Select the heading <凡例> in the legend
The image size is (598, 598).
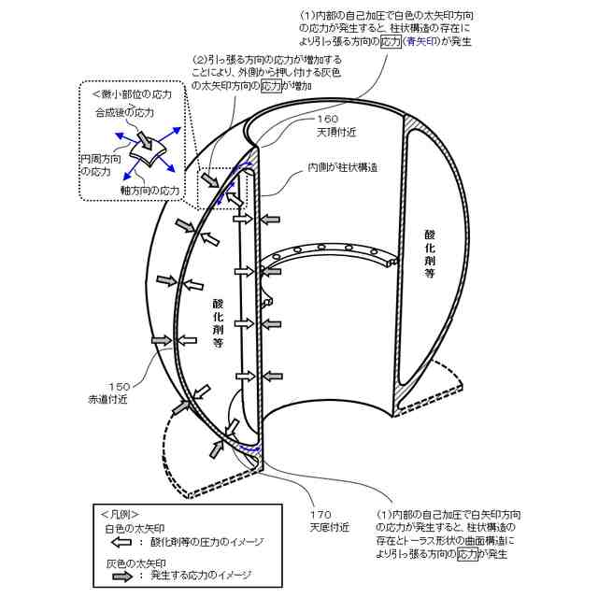[120, 514]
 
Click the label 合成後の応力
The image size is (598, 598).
[123, 112]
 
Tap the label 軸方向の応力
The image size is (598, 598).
[149, 190]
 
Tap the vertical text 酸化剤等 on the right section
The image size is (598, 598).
[429, 252]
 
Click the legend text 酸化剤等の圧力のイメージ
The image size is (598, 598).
[206, 542]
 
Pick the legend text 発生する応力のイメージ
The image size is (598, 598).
[201, 577]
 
